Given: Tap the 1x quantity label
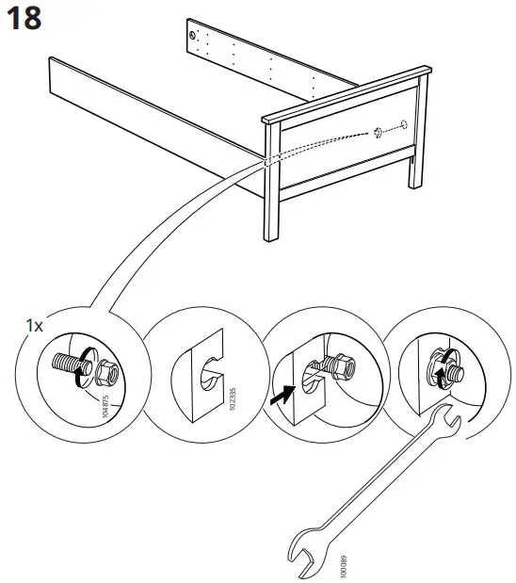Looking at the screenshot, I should [x=35, y=325].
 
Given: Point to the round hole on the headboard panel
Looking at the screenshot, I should [x=403, y=123].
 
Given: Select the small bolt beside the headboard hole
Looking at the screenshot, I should [x=378, y=131].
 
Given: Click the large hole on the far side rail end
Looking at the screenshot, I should [x=195, y=36].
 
